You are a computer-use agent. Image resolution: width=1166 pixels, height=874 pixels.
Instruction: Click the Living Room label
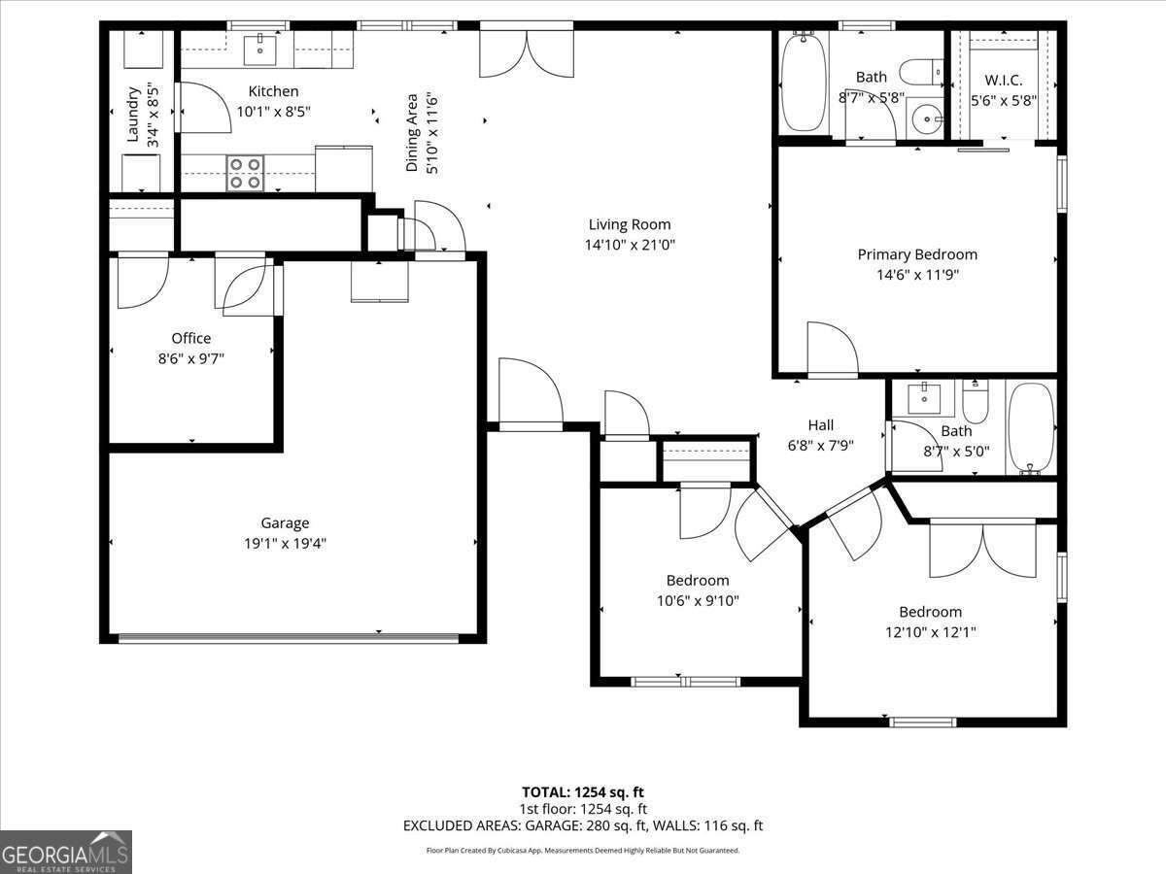(629, 224)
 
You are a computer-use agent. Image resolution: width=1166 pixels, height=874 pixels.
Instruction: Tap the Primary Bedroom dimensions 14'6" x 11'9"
(917, 275)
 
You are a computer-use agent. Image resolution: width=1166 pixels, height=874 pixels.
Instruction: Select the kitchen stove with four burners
(245, 173)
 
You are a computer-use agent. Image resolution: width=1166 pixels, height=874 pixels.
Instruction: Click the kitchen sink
(261, 46)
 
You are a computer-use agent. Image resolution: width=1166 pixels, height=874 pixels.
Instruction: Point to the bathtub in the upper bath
(804, 84)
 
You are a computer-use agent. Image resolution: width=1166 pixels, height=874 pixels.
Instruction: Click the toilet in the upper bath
(919, 72)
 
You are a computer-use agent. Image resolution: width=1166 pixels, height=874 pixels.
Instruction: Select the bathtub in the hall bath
(1031, 427)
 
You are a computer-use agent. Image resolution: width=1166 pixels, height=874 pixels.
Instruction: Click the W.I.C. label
(1004, 79)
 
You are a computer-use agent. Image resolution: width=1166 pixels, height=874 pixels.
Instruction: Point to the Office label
(190, 338)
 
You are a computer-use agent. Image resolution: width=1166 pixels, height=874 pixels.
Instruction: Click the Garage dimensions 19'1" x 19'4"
(285, 543)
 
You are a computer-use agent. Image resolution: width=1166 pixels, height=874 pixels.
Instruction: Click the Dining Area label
(412, 132)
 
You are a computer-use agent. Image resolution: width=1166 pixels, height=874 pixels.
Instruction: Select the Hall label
(820, 424)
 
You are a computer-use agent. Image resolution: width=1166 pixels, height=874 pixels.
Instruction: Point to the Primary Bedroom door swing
(831, 350)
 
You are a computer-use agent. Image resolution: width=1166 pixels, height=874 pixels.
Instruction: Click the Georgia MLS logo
(66, 852)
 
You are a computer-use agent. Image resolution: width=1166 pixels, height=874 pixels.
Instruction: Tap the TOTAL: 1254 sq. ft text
(582, 790)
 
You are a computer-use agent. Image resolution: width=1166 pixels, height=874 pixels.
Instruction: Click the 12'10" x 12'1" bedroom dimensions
(930, 632)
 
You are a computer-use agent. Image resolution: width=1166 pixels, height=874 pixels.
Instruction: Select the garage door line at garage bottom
(288, 638)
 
